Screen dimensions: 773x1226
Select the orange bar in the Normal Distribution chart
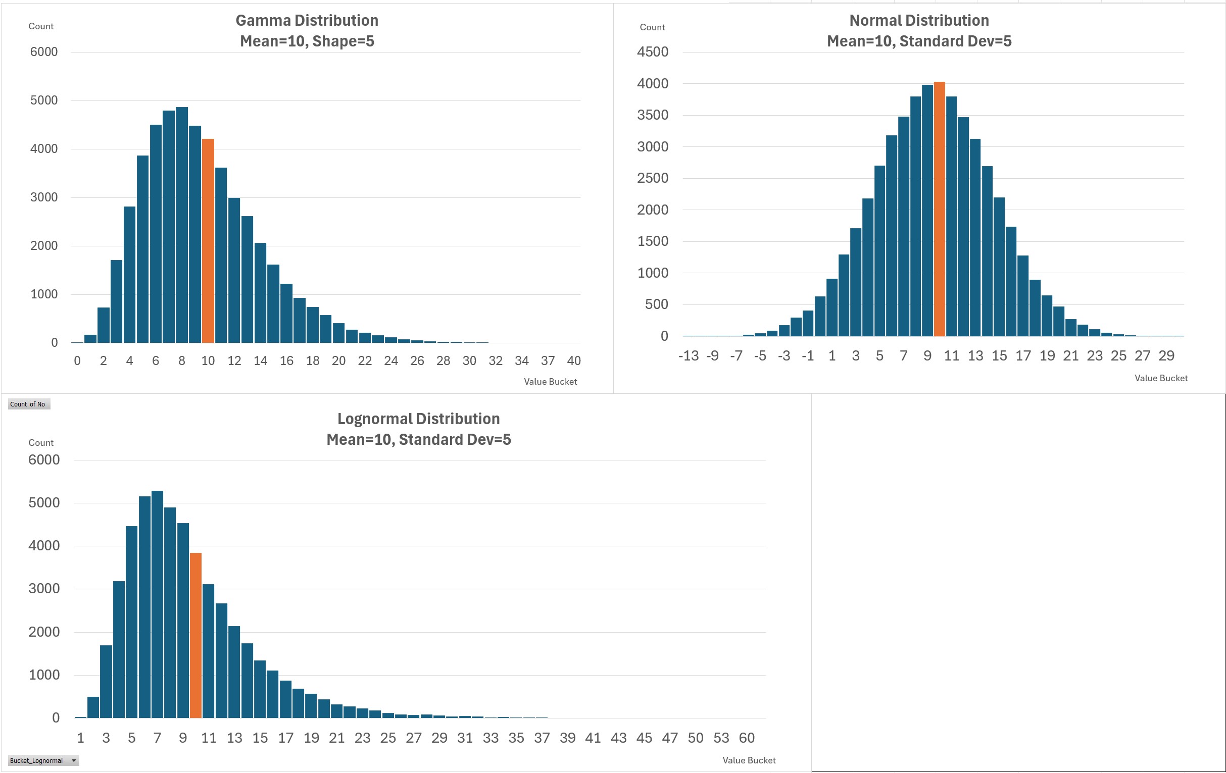pos(940,209)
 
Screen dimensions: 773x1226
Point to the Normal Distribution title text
pos(919,21)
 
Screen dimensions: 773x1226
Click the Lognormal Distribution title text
pos(418,419)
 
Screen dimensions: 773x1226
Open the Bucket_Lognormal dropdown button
pos(74,761)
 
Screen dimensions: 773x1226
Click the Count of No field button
pos(28,404)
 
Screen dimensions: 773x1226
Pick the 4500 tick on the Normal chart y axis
pos(652,52)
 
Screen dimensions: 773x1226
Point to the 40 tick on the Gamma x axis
pos(574,361)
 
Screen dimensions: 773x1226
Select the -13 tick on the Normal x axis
pos(689,356)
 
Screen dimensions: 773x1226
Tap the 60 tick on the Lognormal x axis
pos(747,738)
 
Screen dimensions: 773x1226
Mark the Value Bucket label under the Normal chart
pos(1161,378)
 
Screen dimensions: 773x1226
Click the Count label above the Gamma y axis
pos(41,26)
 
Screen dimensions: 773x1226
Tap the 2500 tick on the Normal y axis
pos(652,178)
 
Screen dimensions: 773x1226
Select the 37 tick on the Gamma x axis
pos(548,361)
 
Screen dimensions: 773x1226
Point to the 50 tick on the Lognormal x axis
pos(696,738)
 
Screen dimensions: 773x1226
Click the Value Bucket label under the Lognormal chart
pos(749,760)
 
